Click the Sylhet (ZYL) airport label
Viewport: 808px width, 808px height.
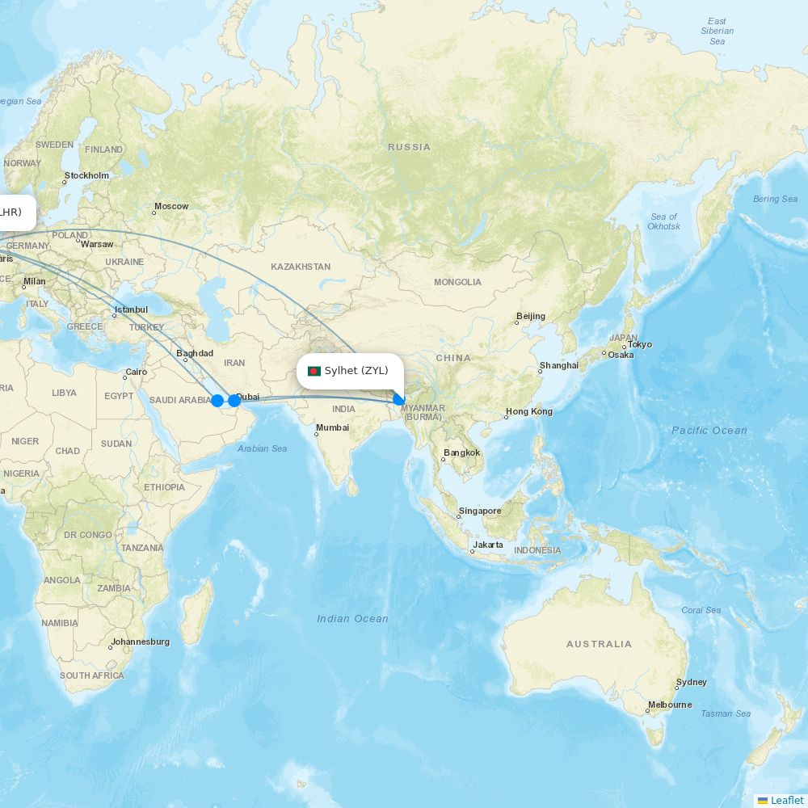[356, 371]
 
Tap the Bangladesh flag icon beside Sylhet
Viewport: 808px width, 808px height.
[314, 372]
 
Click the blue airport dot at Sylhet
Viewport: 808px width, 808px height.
[398, 399]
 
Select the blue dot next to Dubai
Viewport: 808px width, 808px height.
[234, 400]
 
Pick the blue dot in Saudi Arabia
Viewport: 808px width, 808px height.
[217, 401]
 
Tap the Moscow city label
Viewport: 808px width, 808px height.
[171, 206]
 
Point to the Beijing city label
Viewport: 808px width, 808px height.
[531, 316]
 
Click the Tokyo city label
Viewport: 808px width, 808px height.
[639, 344]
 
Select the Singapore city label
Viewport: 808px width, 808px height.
[480, 511]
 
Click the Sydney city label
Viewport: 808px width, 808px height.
[692, 682]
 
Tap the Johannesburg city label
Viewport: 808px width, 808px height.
[141, 642]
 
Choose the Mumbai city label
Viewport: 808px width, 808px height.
[333, 427]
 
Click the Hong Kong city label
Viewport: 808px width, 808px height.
[529, 411]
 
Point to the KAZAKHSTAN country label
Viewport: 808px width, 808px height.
[301, 267]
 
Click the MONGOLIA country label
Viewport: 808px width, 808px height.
[457, 282]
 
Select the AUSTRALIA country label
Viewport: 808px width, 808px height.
[599, 644]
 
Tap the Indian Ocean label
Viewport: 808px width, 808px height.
[352, 619]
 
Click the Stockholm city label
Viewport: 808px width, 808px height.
[87, 175]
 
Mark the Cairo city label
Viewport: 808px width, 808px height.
[137, 372]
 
